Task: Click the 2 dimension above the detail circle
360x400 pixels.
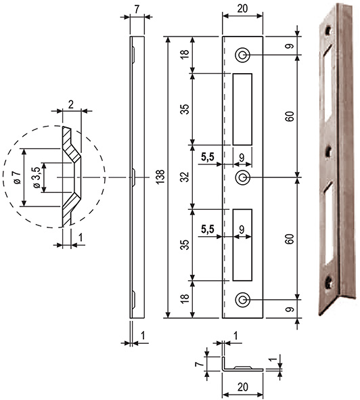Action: [71, 104]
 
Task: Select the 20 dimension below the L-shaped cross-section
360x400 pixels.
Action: [243, 389]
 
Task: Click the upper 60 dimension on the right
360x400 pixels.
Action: [290, 116]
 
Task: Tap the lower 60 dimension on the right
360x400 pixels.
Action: [290, 238]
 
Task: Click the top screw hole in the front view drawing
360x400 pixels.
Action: [243, 55]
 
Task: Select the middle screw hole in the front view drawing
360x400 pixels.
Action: [243, 177]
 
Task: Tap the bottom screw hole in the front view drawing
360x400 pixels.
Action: [243, 299]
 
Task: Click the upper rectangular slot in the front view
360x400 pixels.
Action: [243, 108]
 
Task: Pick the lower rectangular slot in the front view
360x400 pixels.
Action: [243, 244]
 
